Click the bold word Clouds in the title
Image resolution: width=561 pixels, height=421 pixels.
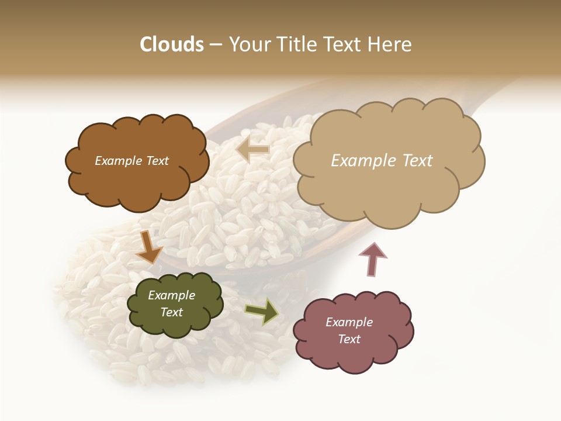click(x=171, y=44)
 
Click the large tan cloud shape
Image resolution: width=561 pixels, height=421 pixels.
click(x=389, y=187)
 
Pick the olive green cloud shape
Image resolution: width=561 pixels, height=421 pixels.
click(x=175, y=325)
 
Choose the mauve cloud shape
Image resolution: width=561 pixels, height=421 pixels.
click(x=354, y=357)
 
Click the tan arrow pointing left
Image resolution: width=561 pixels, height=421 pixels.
click(x=253, y=150)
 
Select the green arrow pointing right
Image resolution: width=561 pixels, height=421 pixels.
click(x=262, y=312)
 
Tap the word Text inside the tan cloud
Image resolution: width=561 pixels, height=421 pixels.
click(x=417, y=161)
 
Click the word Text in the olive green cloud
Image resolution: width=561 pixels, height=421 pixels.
click(x=172, y=312)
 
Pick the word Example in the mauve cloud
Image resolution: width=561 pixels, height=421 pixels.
click(x=349, y=322)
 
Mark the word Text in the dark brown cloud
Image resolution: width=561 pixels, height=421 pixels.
click(x=157, y=161)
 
